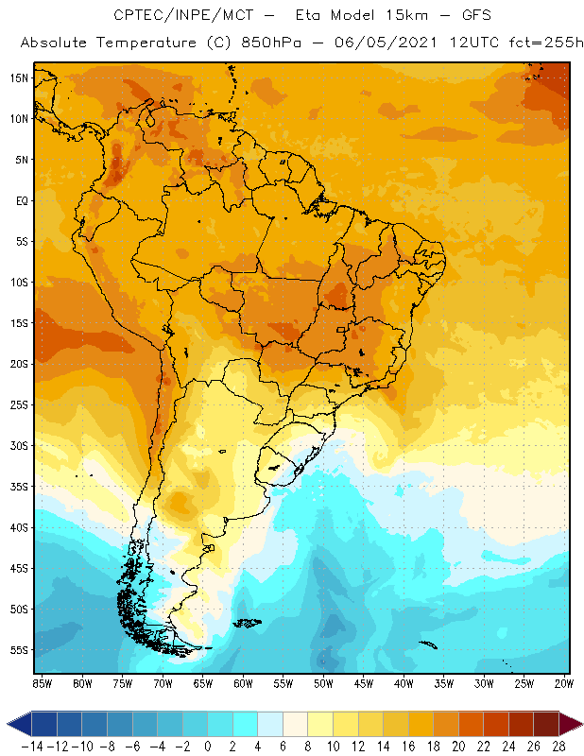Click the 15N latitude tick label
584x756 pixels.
click(x=18, y=77)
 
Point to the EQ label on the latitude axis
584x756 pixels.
click(x=20, y=200)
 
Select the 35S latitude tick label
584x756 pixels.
click(x=18, y=487)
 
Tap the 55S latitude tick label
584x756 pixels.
click(x=18, y=650)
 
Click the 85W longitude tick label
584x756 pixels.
click(x=43, y=682)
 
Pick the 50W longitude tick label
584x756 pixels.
click(x=324, y=682)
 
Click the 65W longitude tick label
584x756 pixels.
click(x=203, y=682)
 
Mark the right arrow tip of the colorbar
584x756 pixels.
click(x=578, y=723)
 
